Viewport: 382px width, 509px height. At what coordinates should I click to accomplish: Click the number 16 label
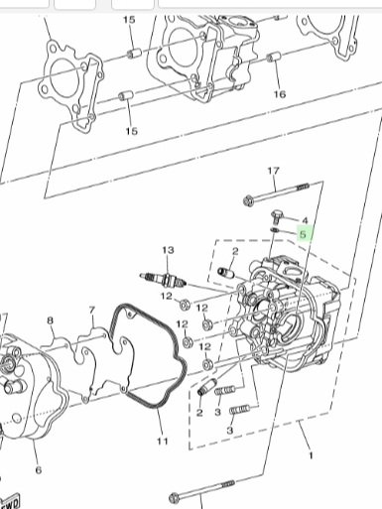coord(280,94)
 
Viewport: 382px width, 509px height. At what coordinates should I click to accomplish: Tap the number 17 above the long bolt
coord(273,171)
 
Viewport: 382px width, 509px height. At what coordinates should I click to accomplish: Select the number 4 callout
coord(305,220)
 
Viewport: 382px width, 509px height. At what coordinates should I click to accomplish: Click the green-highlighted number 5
coord(303,234)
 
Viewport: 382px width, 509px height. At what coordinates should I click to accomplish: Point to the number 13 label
coord(168,250)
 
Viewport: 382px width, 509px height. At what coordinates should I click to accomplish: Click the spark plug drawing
coord(163,280)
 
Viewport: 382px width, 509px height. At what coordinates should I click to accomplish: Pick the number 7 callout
coord(92,310)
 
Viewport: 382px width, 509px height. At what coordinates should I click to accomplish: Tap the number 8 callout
coord(50,320)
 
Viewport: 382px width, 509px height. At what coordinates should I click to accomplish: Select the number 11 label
coord(163,441)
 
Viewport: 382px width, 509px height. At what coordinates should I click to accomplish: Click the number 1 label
coord(311,455)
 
